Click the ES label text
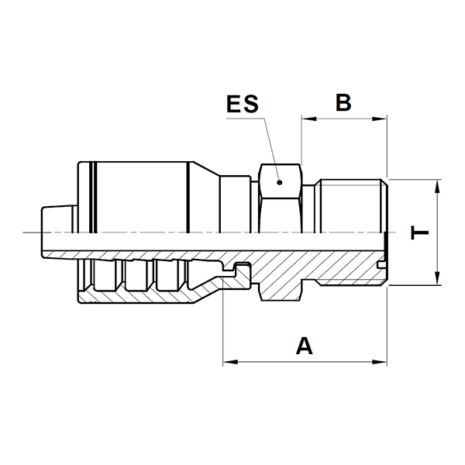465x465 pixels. click(x=243, y=104)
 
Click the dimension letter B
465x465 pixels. click(x=343, y=102)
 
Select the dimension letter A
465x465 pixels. click(x=305, y=346)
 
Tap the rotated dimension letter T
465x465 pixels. click(x=419, y=232)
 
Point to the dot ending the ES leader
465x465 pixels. click(x=279, y=183)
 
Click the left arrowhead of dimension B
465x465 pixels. click(x=309, y=119)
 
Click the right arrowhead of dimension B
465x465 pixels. click(x=380, y=119)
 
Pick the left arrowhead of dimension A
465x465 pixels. click(x=230, y=362)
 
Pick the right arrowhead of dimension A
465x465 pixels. click(x=380, y=362)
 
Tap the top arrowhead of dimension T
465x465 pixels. click(x=437, y=187)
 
